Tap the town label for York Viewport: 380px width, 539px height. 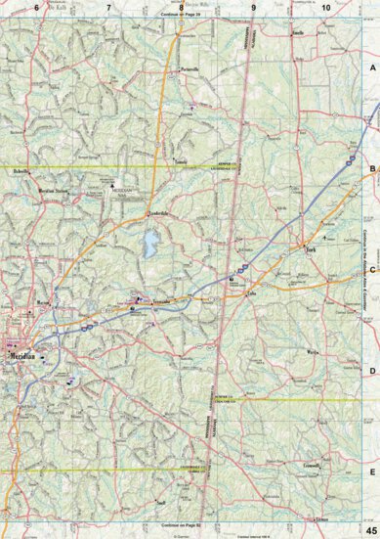[x=313, y=250]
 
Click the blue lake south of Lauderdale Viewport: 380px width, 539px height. [x=148, y=244]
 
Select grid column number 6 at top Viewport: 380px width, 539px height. [x=36, y=8]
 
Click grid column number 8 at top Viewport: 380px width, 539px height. [x=181, y=8]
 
